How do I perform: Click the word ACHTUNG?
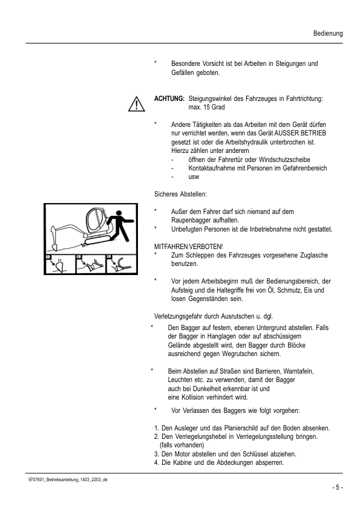coord(169,97)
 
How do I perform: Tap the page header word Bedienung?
coord(327,33)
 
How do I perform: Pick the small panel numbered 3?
coord(117,265)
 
